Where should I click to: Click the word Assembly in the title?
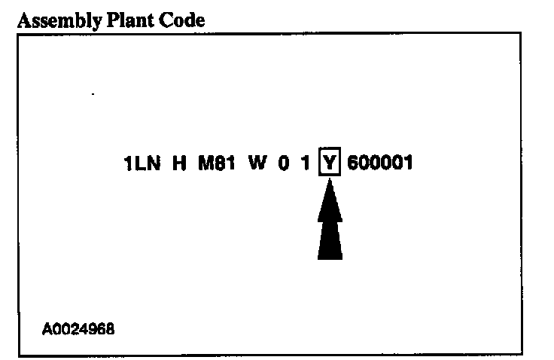53,20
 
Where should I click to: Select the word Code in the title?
180,20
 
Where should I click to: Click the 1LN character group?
143,163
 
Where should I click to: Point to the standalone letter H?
179,163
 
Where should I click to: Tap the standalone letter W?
258,163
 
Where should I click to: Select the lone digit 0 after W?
284,163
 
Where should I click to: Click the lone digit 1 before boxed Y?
306,163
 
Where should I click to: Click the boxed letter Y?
329,163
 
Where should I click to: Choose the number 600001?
380,163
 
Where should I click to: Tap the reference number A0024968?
79,329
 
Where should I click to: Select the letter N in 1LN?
154,163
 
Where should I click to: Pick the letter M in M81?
205,163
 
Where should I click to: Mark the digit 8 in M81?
219,163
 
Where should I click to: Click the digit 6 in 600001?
353,163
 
